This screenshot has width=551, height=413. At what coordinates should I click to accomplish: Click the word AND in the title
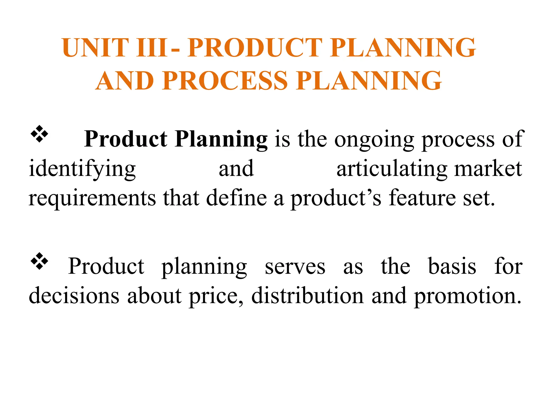click(x=125, y=81)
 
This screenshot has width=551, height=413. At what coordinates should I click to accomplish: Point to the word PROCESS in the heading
click(x=225, y=81)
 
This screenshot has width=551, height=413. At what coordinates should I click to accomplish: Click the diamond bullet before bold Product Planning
click(x=39, y=134)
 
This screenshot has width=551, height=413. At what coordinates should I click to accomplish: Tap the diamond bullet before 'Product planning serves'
click(x=39, y=261)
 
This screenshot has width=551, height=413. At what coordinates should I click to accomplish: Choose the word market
click(x=488, y=169)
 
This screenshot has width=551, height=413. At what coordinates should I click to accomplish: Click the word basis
click(x=452, y=266)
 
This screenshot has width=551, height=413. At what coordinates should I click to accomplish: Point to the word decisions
click(x=74, y=296)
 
